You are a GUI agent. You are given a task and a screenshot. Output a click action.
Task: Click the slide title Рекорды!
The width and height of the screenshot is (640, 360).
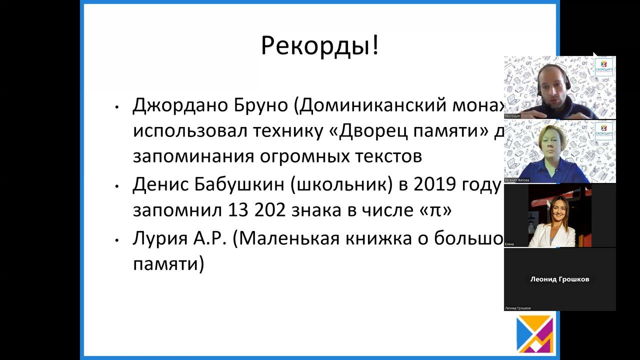319,46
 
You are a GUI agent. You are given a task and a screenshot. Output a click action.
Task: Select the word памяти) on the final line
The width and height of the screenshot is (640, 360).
168,263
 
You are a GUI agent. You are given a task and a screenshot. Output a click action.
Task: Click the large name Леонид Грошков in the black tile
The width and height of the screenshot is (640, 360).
559,279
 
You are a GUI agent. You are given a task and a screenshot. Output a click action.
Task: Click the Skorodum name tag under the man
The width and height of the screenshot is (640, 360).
513,116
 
